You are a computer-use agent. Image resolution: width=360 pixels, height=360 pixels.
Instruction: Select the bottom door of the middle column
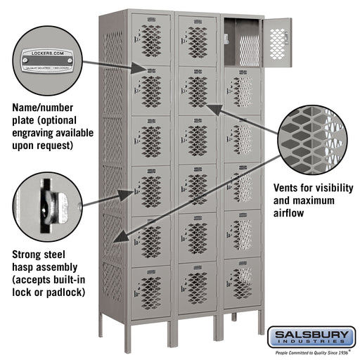[x=197, y=286]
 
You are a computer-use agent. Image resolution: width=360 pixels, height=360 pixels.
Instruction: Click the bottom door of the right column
[x=241, y=281]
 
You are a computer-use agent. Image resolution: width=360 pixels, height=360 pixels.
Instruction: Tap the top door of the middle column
[x=197, y=39]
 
